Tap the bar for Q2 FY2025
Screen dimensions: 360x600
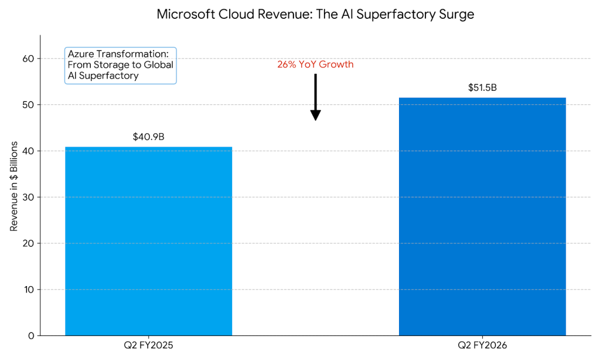[x=148, y=241]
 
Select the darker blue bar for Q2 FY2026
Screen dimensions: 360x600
[x=482, y=216]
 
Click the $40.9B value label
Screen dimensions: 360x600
[x=148, y=137]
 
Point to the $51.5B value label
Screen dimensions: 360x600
[x=482, y=88]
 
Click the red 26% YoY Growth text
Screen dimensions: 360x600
[x=315, y=64]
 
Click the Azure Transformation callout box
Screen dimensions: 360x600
[x=121, y=65]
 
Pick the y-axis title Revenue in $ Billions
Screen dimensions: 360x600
[x=14, y=186]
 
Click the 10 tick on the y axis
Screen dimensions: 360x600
[x=29, y=290]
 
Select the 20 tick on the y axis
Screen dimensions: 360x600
[x=29, y=243]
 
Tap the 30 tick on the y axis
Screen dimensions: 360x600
[x=29, y=197]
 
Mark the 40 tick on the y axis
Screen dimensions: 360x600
[x=29, y=151]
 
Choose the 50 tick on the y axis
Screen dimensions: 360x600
[x=29, y=105]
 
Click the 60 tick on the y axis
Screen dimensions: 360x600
[x=29, y=59]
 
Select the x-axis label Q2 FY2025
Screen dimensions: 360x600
[x=148, y=346]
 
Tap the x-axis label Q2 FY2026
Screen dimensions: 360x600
[x=482, y=346]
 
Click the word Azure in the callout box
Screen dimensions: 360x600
[x=80, y=55]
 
